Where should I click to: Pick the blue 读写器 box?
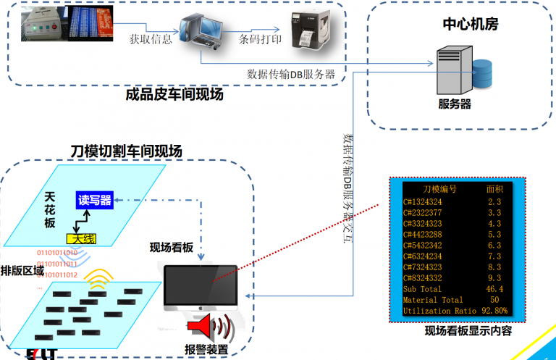click(95, 201)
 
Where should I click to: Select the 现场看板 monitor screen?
click(201, 287)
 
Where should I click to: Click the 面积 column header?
click(494, 189)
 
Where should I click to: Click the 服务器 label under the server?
click(455, 104)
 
